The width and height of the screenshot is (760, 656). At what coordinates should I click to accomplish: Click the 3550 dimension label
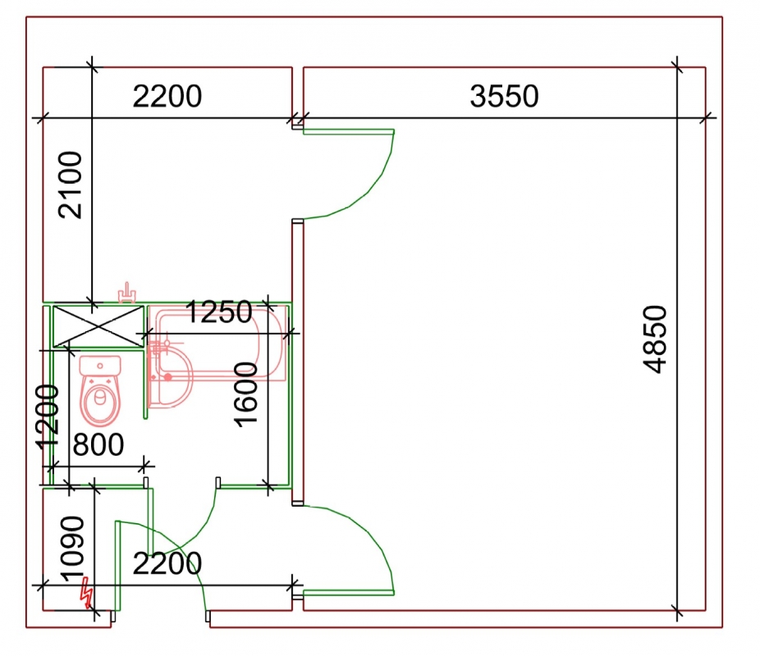[504, 96]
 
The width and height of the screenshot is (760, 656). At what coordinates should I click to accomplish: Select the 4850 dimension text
[655, 339]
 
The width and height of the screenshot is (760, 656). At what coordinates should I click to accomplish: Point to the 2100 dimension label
[71, 185]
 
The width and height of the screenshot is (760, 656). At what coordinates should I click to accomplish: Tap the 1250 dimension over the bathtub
[218, 312]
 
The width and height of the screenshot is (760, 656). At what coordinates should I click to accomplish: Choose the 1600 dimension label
[245, 394]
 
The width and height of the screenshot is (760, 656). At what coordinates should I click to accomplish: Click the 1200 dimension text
[48, 417]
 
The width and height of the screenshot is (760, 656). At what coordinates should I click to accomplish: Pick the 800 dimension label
[98, 444]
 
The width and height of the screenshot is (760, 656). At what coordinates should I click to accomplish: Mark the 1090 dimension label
[72, 549]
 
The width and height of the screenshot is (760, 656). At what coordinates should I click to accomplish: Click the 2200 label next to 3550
[167, 96]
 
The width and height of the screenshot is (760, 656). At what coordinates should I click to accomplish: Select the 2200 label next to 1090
[167, 563]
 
